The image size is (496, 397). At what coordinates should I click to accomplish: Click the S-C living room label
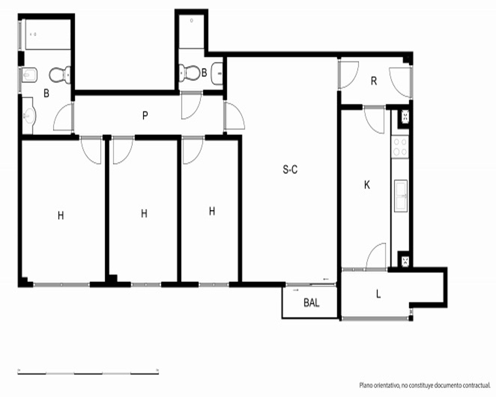[290, 170]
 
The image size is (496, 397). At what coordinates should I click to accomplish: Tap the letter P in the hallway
[145, 116]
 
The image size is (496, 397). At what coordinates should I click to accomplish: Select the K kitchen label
[367, 185]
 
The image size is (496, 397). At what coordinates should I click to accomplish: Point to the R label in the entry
[374, 81]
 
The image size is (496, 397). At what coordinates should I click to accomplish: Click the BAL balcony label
[311, 303]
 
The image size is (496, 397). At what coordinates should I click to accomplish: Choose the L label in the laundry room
[378, 294]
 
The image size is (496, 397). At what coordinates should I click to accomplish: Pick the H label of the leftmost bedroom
[61, 215]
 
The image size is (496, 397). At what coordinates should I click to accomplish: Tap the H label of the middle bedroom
[144, 214]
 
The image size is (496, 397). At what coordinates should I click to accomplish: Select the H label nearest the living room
[212, 211]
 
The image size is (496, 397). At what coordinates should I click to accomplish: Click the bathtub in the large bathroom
[48, 34]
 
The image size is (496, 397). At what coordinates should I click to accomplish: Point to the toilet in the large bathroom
[60, 75]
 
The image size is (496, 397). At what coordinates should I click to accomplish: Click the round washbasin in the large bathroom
[29, 116]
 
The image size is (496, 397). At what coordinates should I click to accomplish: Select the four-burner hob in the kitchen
[400, 147]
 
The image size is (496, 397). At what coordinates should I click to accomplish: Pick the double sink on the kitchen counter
[401, 196]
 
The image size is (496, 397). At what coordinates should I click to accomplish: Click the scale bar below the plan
[88, 372]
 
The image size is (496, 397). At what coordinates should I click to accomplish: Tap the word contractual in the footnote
[476, 386]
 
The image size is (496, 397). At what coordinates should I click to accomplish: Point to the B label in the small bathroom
[204, 72]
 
